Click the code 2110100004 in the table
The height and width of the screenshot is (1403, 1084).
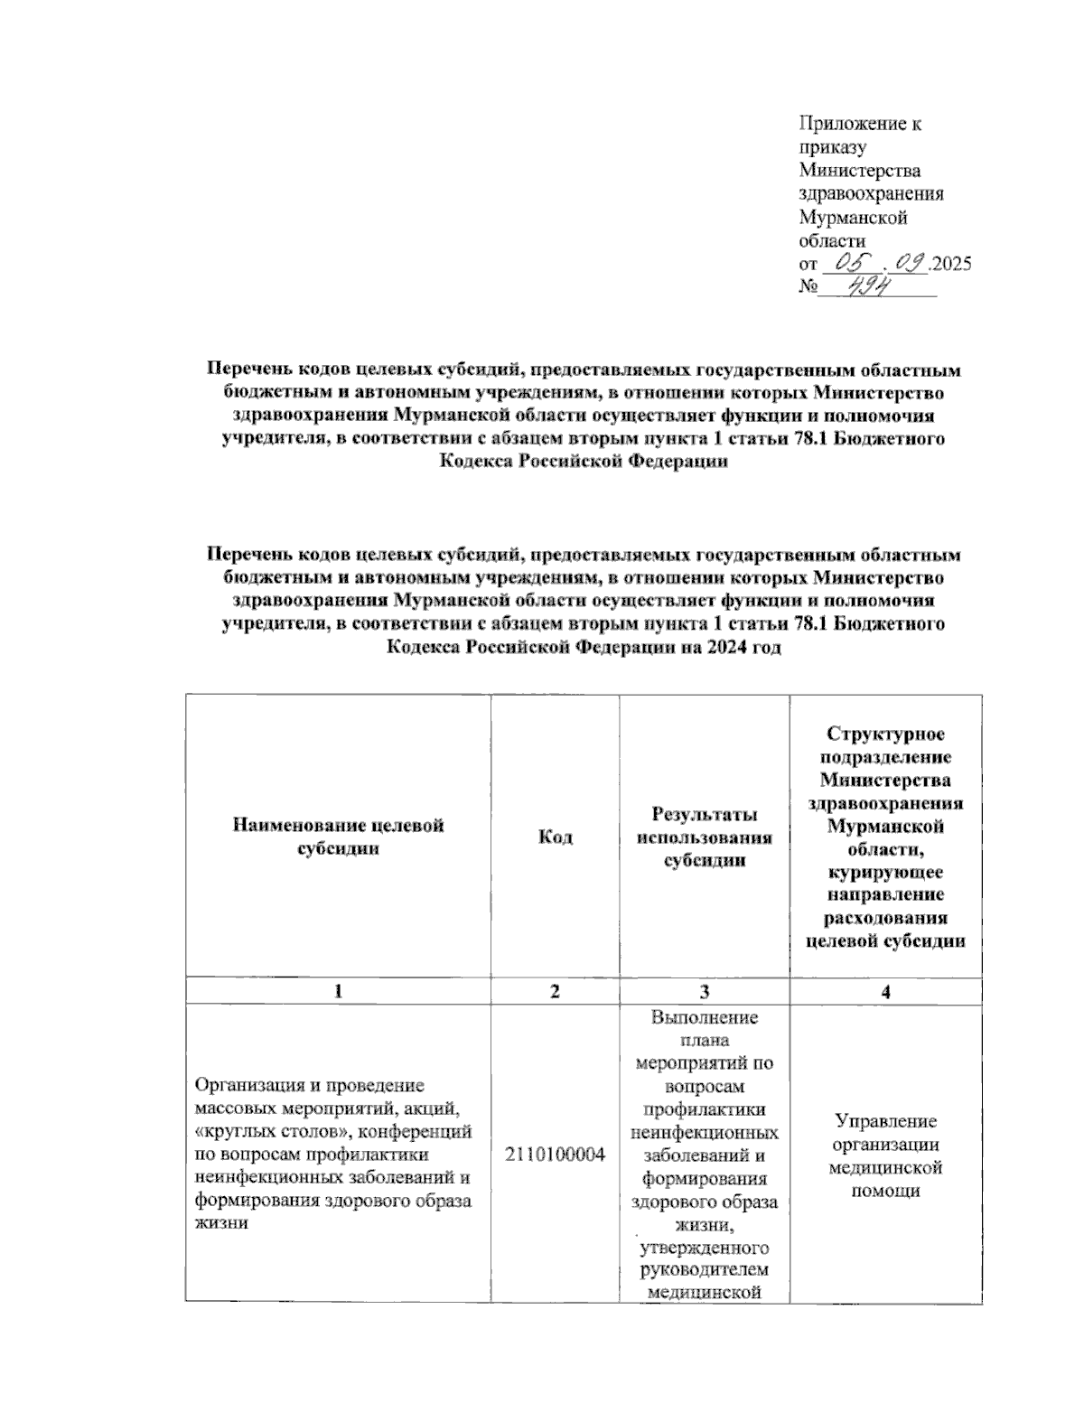click(555, 1155)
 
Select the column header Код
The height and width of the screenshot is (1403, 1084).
click(555, 837)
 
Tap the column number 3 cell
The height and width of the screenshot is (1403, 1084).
click(705, 991)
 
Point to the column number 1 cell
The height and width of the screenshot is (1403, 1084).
click(338, 991)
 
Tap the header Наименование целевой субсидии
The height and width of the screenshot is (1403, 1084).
click(338, 837)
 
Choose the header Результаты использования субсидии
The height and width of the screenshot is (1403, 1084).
click(705, 837)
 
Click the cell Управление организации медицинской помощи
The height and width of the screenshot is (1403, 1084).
click(885, 1155)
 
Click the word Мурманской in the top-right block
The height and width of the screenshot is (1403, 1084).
click(853, 218)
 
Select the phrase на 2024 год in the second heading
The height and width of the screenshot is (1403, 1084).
click(728, 648)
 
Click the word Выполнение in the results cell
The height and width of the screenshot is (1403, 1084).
click(705, 1017)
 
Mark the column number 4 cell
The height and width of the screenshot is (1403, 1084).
click(885, 991)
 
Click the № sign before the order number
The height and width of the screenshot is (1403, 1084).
click(808, 288)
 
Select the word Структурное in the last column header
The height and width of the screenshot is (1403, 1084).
click(885, 734)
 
